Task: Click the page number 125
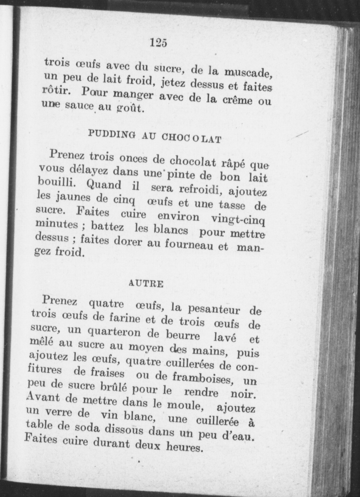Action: (x=159, y=43)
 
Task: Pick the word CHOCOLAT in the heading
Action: (x=191, y=138)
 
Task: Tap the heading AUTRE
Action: (x=146, y=284)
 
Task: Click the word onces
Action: (x=133, y=159)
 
